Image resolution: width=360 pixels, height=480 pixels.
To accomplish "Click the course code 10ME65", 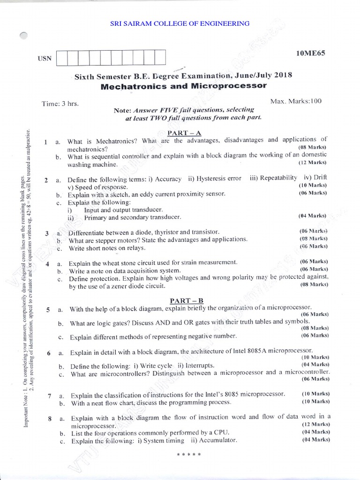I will (x=310, y=53).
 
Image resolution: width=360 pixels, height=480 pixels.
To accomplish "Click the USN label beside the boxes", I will (x=43, y=59).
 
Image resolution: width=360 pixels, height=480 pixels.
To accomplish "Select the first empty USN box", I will (x=61, y=58).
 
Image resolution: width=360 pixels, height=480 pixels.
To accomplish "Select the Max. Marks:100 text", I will (x=296, y=101).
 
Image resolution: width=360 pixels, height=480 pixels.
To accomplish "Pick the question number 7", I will (x=49, y=396).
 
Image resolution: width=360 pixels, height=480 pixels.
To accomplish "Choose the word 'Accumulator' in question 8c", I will (x=218, y=441).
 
